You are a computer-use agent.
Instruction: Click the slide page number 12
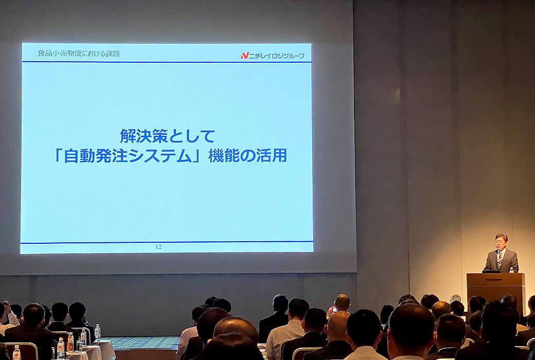click(x=158, y=247)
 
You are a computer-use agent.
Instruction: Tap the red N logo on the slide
click(x=245, y=56)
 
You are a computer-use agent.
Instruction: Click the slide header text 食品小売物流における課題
click(x=79, y=53)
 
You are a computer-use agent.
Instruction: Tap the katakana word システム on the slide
click(x=159, y=156)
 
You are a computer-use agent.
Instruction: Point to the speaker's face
click(x=501, y=243)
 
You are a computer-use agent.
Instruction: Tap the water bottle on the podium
click(x=511, y=269)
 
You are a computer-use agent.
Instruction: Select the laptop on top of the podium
click(x=491, y=271)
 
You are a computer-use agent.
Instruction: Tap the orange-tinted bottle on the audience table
click(x=70, y=341)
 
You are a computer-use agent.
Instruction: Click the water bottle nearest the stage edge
click(x=98, y=332)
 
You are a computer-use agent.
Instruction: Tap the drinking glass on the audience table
click(x=80, y=346)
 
